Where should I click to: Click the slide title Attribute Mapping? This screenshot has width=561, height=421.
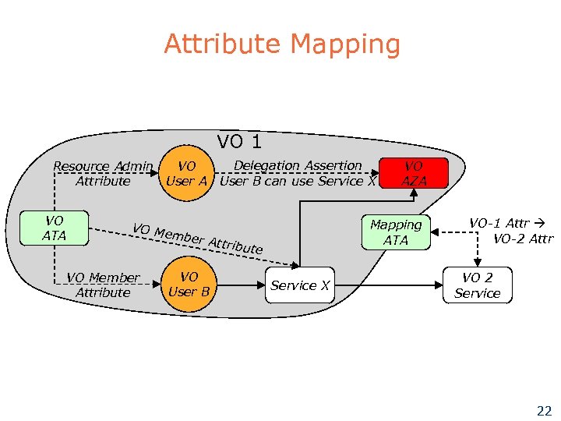pos(281,44)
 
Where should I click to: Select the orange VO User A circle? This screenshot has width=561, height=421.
pos(187,173)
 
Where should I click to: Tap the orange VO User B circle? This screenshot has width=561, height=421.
pos(188,285)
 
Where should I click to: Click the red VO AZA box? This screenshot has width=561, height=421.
pos(414,173)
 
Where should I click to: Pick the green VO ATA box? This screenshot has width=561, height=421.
pos(55,228)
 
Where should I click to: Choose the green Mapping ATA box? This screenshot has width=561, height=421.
pos(396,232)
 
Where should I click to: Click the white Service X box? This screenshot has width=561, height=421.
pos(300,285)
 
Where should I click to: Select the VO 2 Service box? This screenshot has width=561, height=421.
pos(477,285)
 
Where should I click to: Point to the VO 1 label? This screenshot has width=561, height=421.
pos(239,141)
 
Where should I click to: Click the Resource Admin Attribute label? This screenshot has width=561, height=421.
pos(102,173)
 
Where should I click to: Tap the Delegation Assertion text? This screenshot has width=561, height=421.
pos(298,165)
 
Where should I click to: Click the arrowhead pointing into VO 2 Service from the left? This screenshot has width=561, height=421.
pos(439,285)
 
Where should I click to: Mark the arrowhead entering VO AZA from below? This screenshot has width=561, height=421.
pos(414,193)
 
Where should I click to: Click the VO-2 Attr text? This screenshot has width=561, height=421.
pos(522,238)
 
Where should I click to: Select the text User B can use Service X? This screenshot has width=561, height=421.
pos(298,181)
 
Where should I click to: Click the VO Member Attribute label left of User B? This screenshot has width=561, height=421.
pos(103,285)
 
